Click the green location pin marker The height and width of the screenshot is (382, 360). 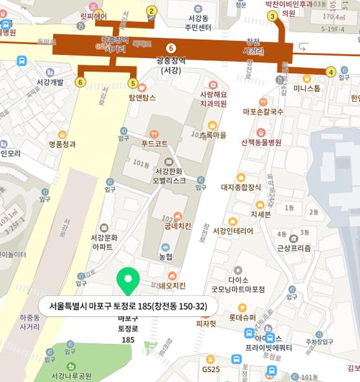pos(127,280)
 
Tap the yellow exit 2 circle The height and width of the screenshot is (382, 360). pos(152,10)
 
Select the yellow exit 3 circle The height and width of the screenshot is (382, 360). pos(273,16)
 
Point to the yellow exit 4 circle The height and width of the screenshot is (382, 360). pos(331,72)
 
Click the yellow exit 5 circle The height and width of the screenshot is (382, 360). pos(133,83)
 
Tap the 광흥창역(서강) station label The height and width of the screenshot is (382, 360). pos(171,65)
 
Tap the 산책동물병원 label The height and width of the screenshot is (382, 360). pos(261,142)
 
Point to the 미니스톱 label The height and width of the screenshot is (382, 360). pos(306,89)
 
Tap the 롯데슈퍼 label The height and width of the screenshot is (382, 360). pos(242,317)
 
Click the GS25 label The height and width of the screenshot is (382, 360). pos(210,369)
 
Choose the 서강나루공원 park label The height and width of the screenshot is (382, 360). pos(72,375)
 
